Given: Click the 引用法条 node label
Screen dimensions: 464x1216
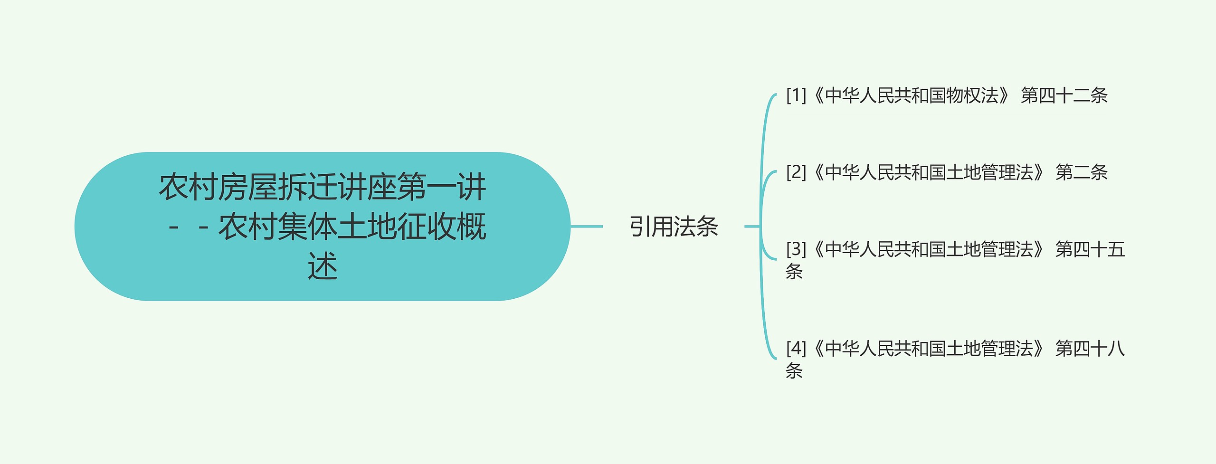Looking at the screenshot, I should (674, 227).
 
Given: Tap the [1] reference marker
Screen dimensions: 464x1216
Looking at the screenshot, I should (796, 95).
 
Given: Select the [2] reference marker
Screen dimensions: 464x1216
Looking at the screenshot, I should (796, 172).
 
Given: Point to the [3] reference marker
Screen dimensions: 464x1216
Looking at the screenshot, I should (796, 249).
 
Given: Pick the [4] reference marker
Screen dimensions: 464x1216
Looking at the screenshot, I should (796, 349).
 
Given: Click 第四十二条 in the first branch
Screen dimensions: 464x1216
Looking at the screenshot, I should (1064, 95).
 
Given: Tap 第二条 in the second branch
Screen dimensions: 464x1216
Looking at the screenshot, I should (1081, 172).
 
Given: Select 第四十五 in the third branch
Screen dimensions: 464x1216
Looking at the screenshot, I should (1090, 249).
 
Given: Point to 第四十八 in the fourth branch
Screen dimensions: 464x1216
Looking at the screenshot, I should (1090, 349).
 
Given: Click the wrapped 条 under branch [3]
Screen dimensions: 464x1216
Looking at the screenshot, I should (794, 272).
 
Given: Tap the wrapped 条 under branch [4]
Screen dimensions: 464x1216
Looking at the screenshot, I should (794, 371).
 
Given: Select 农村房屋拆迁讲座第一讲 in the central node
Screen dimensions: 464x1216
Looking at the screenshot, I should (323, 187).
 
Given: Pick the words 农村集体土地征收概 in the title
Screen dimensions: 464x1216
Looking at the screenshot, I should (352, 227).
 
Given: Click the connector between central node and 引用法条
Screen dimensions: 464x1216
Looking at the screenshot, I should (587, 227).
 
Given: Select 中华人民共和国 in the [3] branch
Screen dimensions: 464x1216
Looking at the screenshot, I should (885, 249).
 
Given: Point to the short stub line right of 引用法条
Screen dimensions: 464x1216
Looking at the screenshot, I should (751, 227).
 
